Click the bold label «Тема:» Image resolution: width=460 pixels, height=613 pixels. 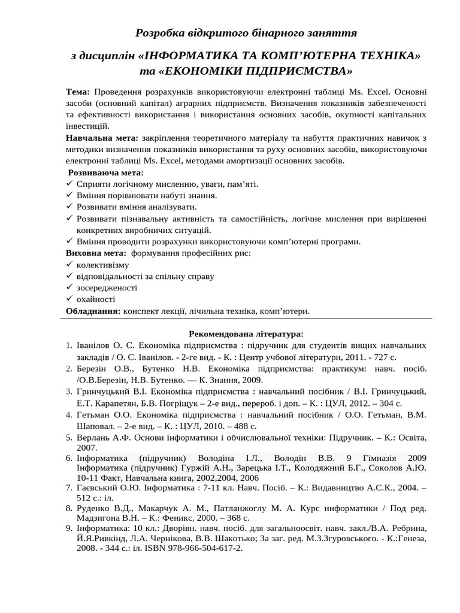(x=78, y=92)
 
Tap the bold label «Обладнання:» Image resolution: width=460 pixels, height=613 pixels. (x=93, y=311)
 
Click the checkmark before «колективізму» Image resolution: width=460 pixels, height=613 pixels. (x=69, y=265)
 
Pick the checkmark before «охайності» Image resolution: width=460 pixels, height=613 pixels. (x=69, y=299)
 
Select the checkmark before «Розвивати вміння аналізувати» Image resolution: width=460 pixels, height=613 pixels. (x=69, y=207)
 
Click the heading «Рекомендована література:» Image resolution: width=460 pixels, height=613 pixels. (x=246, y=333)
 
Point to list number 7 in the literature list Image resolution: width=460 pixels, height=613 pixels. (x=69, y=488)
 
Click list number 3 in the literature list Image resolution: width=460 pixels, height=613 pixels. (x=69, y=392)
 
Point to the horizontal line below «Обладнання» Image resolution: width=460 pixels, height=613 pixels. (x=246, y=318)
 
